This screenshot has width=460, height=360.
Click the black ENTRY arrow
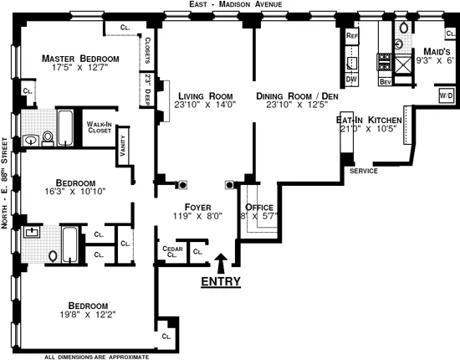pos(221,262)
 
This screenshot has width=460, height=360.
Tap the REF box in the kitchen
pos(352,36)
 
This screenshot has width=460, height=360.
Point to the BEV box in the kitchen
pos(386,81)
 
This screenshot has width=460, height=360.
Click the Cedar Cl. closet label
pos(172,252)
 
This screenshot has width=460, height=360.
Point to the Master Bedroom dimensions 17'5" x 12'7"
pos(81,70)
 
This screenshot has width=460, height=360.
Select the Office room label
pos(260,207)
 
